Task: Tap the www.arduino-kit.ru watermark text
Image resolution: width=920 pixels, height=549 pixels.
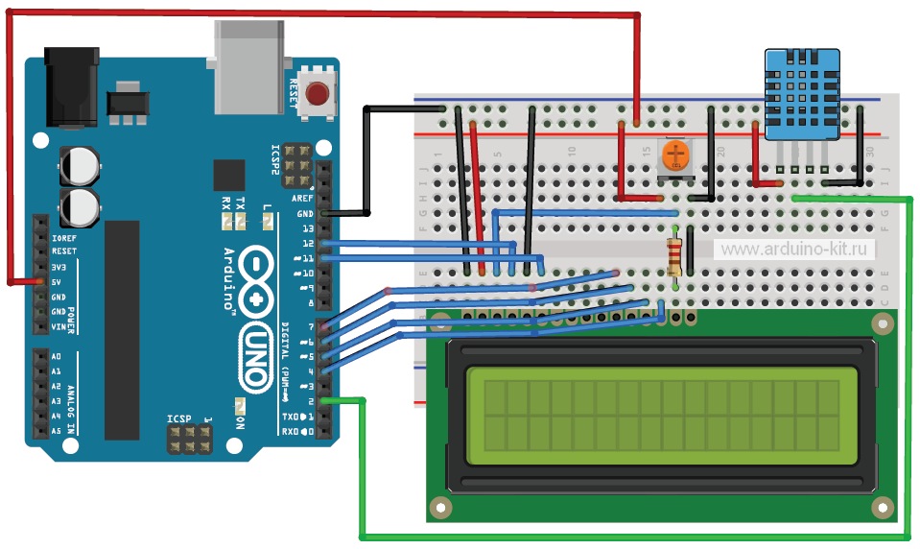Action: (797, 249)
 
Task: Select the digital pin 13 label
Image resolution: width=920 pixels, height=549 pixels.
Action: (307, 228)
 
